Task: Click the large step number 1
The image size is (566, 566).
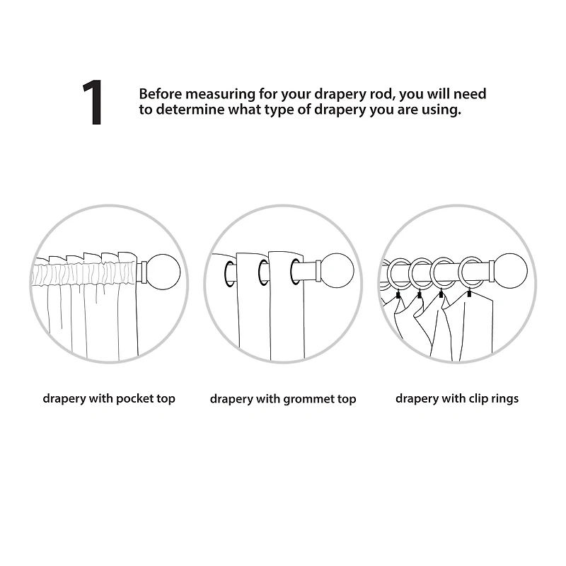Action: coord(93,103)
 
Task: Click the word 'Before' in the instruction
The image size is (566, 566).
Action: coord(161,94)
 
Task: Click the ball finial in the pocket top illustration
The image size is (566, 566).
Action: coord(164,272)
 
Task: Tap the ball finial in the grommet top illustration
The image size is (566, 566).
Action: coord(337,271)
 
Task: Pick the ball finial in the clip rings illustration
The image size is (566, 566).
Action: coord(510,271)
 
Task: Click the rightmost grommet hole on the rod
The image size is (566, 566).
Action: coord(295,271)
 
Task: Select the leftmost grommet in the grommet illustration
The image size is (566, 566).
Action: coord(229,274)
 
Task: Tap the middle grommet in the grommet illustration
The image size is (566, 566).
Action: coord(263,272)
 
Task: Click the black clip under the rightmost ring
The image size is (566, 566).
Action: coord(469,294)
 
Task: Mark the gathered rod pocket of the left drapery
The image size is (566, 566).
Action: coord(85,275)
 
